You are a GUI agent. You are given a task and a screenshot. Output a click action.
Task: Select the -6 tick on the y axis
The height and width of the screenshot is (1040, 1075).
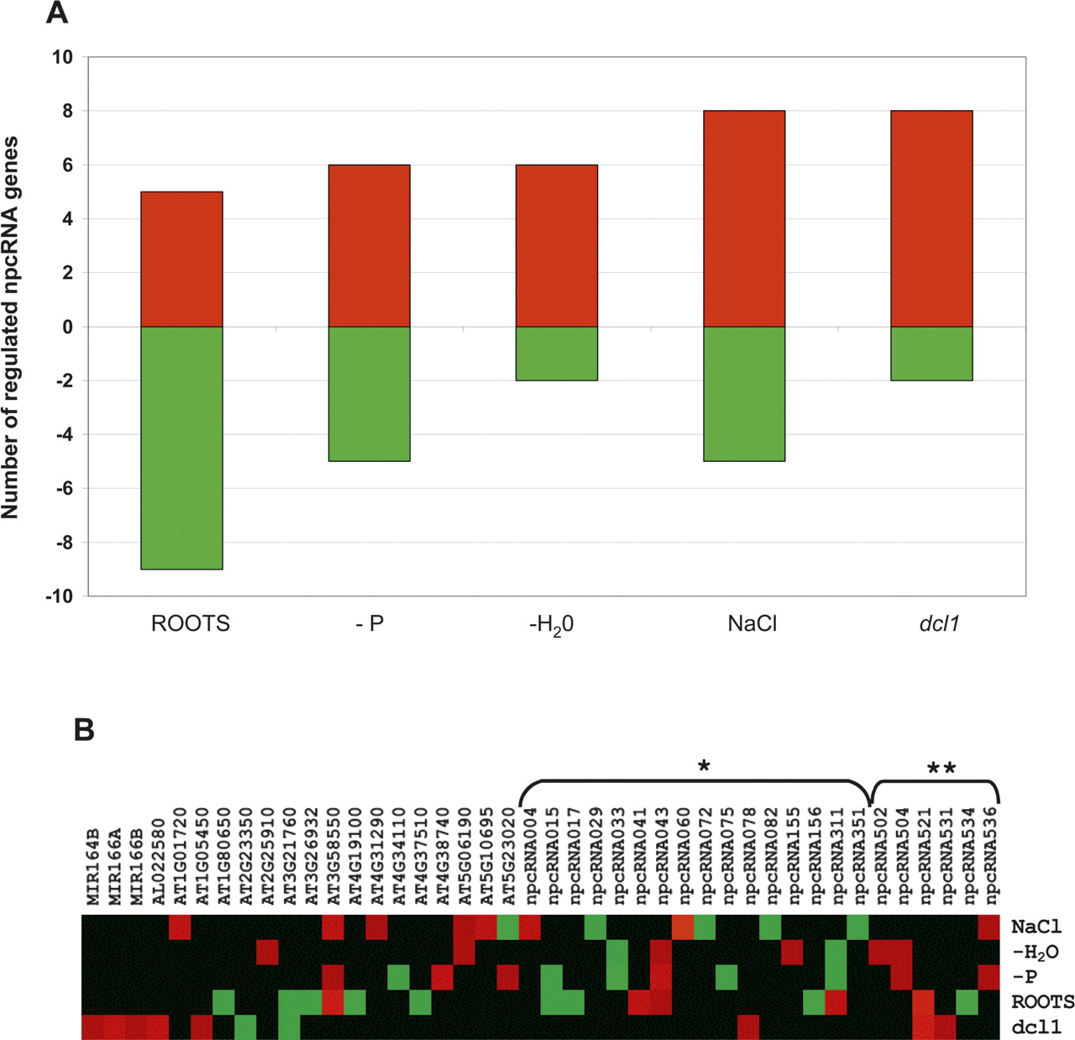click(63, 489)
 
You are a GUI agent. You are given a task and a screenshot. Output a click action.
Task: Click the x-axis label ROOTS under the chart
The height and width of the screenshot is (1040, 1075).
click(190, 624)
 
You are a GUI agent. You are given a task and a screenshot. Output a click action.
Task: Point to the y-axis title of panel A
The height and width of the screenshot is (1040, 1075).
click(11, 327)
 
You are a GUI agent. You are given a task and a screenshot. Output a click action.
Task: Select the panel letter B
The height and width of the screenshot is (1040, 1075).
click(83, 730)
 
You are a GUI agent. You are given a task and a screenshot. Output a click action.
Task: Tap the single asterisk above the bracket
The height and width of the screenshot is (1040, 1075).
click(704, 766)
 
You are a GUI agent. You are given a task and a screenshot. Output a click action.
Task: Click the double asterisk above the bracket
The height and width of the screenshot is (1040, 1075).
click(941, 768)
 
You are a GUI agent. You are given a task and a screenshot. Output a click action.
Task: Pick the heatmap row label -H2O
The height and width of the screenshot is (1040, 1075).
click(1035, 952)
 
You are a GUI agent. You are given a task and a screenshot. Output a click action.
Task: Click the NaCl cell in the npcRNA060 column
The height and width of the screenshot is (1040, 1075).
click(683, 927)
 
